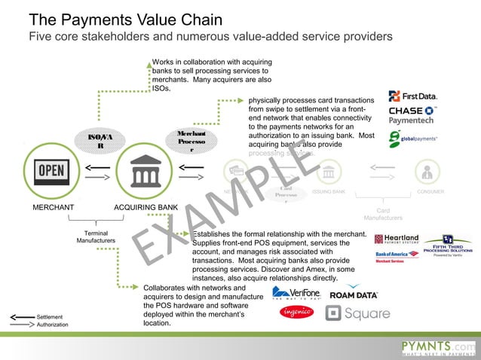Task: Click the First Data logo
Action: tap(412, 96)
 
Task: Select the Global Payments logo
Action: tap(412, 139)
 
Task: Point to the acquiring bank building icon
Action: tap(146, 172)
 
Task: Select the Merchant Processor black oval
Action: tap(187, 141)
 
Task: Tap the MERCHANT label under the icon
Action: tap(52, 206)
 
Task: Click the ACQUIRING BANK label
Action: tap(146, 206)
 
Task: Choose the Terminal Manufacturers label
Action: tap(95, 236)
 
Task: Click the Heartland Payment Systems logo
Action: tap(396, 239)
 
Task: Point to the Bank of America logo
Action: tap(395, 257)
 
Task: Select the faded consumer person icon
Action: tap(427, 172)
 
